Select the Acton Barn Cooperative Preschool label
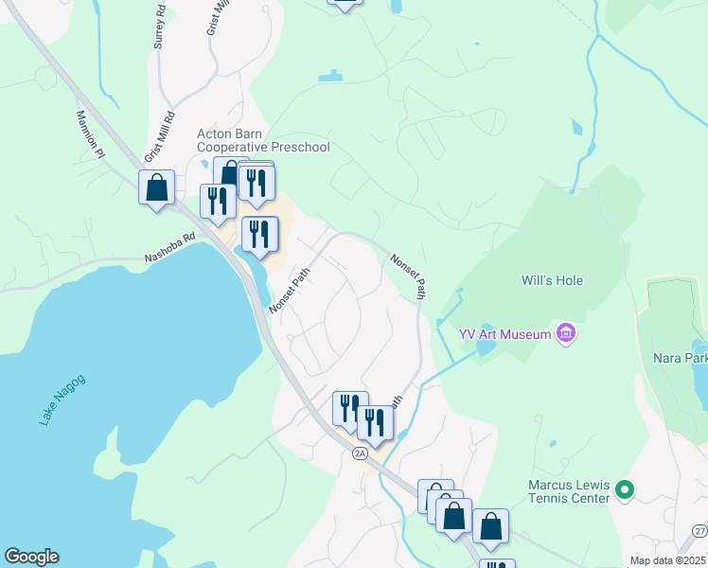point(263,140)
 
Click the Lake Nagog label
point(62,399)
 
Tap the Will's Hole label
point(553,280)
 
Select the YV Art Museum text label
point(505,333)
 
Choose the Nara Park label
point(680,359)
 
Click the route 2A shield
point(360,453)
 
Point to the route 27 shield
point(699,531)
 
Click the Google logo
point(30,558)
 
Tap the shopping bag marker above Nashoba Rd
point(157,187)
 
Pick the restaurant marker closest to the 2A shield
point(375,423)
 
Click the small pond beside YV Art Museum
point(484,346)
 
